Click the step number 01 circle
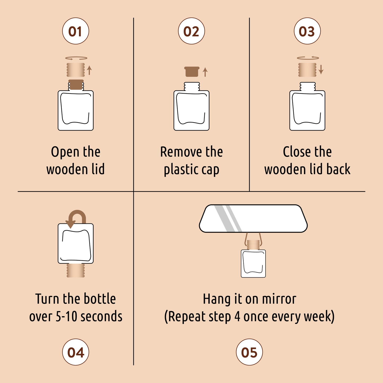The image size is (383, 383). pyautogui.click(x=76, y=31)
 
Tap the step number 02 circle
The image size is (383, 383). pyautogui.click(x=191, y=31)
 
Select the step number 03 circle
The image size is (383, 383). pyautogui.click(x=307, y=31)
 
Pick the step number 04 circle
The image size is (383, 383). pyautogui.click(x=76, y=352)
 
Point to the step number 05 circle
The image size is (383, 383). pyautogui.click(x=249, y=352)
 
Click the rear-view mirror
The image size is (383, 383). pyautogui.click(x=253, y=218)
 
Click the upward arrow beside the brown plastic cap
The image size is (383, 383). pyautogui.click(x=205, y=72)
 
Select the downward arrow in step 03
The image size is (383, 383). pyautogui.click(x=321, y=69)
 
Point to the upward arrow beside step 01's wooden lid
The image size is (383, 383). pyautogui.click(x=89, y=70)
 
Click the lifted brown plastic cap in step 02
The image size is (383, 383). pyautogui.click(x=192, y=72)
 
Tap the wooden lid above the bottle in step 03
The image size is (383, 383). pyautogui.click(x=307, y=70)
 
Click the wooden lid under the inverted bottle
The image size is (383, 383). pyautogui.click(x=76, y=271)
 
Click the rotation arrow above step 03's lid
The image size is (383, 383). pyautogui.click(x=308, y=58)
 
